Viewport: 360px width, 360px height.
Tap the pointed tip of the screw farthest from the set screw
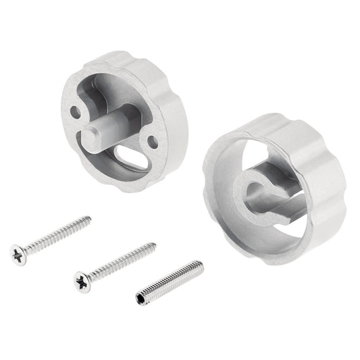click(90, 217)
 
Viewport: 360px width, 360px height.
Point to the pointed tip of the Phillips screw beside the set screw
click(155, 245)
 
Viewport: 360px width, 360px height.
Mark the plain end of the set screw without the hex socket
click(201, 263)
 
